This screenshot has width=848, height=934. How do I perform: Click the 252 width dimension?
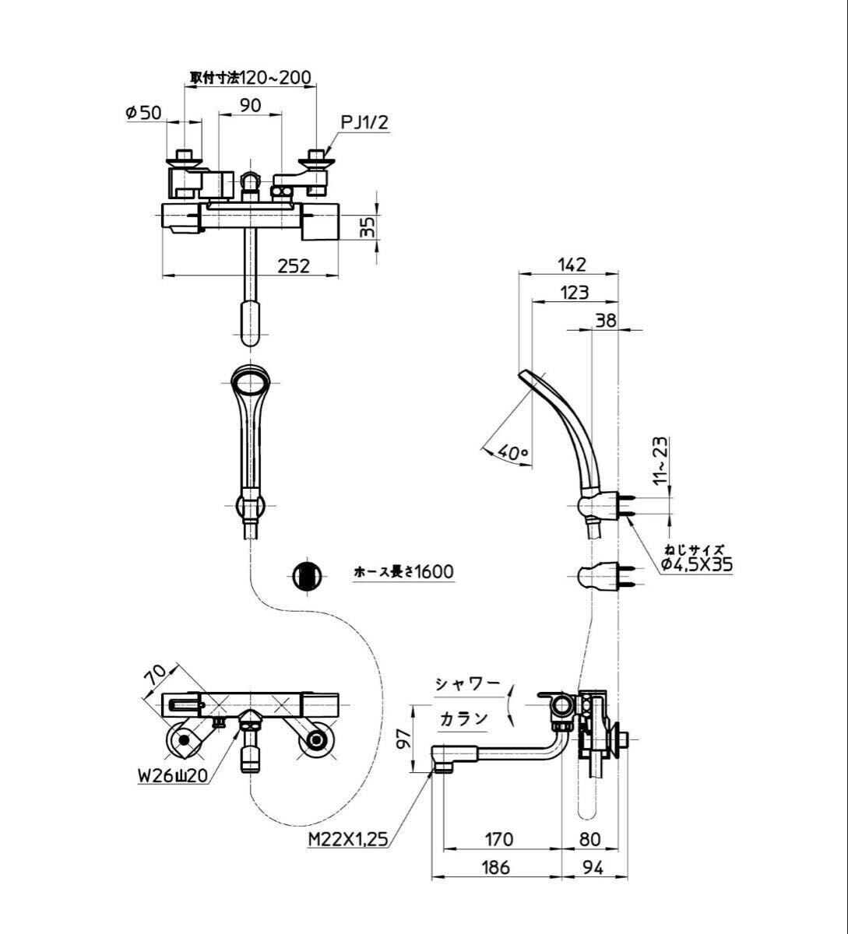tap(294, 267)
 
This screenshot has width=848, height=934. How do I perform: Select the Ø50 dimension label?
tap(143, 112)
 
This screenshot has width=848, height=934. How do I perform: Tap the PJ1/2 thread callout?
tap(365, 123)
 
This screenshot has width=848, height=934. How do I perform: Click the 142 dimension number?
tap(572, 265)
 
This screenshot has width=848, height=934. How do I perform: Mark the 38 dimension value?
tap(605, 321)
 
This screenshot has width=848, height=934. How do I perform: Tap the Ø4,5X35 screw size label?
tap(697, 564)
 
